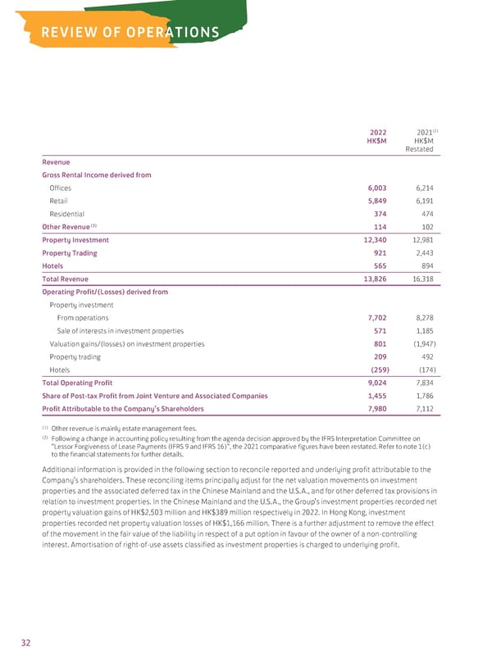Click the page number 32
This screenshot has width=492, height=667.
pyautogui.click(x=26, y=643)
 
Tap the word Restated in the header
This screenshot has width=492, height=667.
pyautogui.click(x=420, y=148)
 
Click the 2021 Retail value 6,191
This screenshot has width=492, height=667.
pyautogui.click(x=421, y=201)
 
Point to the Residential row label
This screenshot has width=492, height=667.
pyautogui.click(x=66, y=214)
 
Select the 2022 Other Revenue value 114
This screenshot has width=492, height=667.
pyautogui.click(x=380, y=227)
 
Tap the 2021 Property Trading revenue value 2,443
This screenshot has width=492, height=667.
pyautogui.click(x=421, y=253)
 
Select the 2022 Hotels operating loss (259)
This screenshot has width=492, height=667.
pyautogui.click(x=376, y=370)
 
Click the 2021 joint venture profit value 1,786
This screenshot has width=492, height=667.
pyautogui.click(x=421, y=396)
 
